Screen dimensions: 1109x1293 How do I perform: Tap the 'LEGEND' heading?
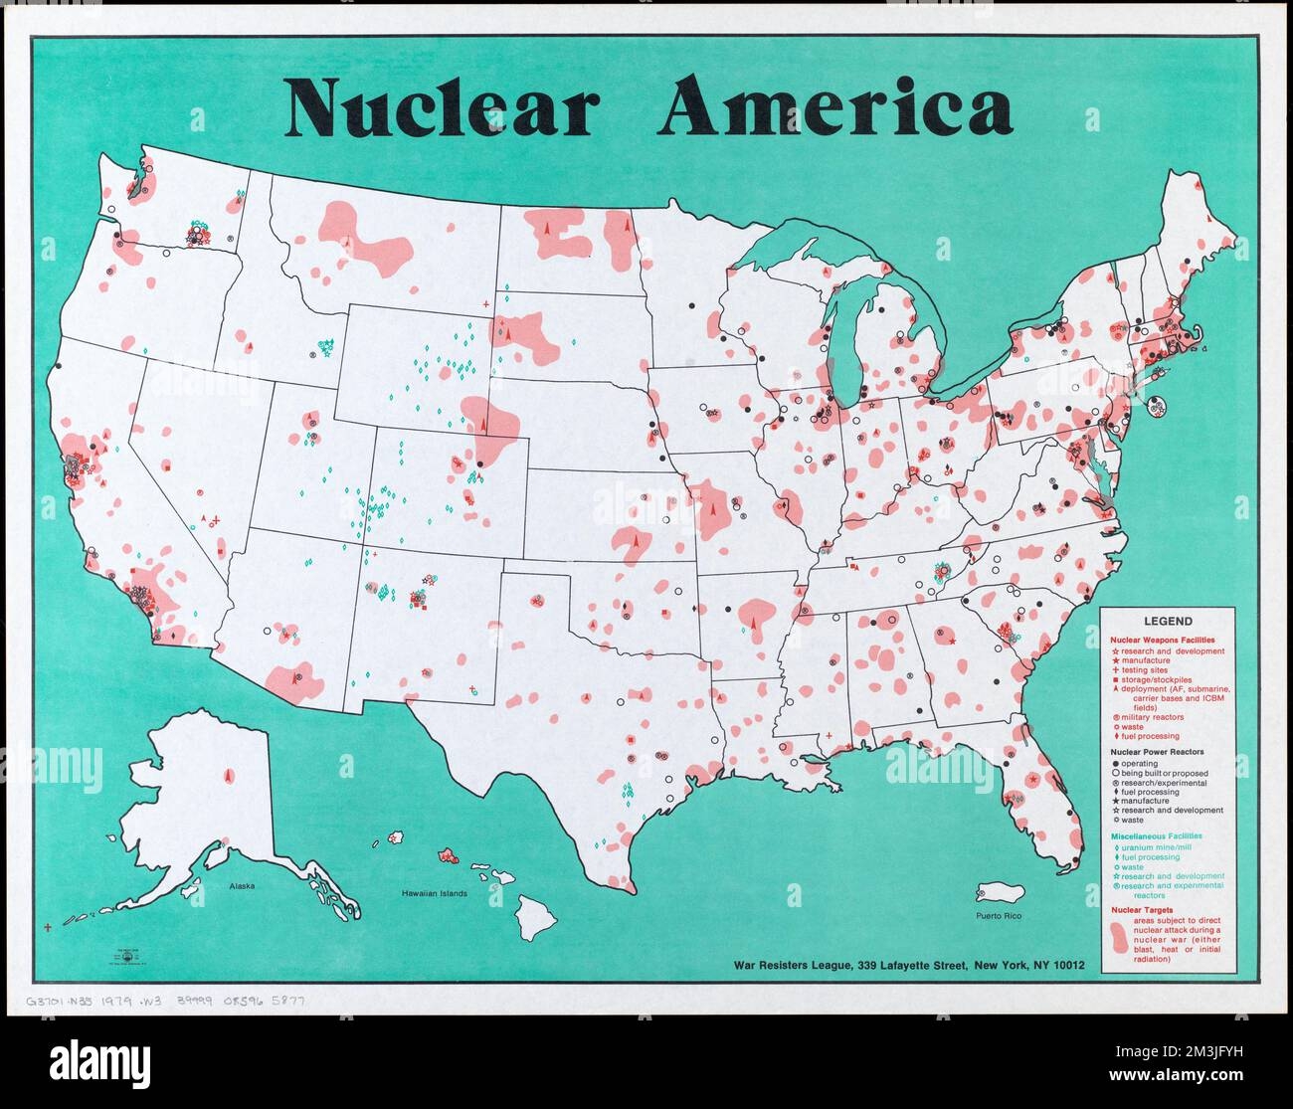pyautogui.click(x=1167, y=621)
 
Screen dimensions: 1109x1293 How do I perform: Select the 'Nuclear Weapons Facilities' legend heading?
pyautogui.click(x=1163, y=639)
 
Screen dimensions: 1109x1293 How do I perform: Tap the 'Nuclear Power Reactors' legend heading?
pyautogui.click(x=1158, y=752)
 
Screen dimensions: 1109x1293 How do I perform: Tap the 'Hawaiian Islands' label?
pyautogui.click(x=435, y=893)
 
